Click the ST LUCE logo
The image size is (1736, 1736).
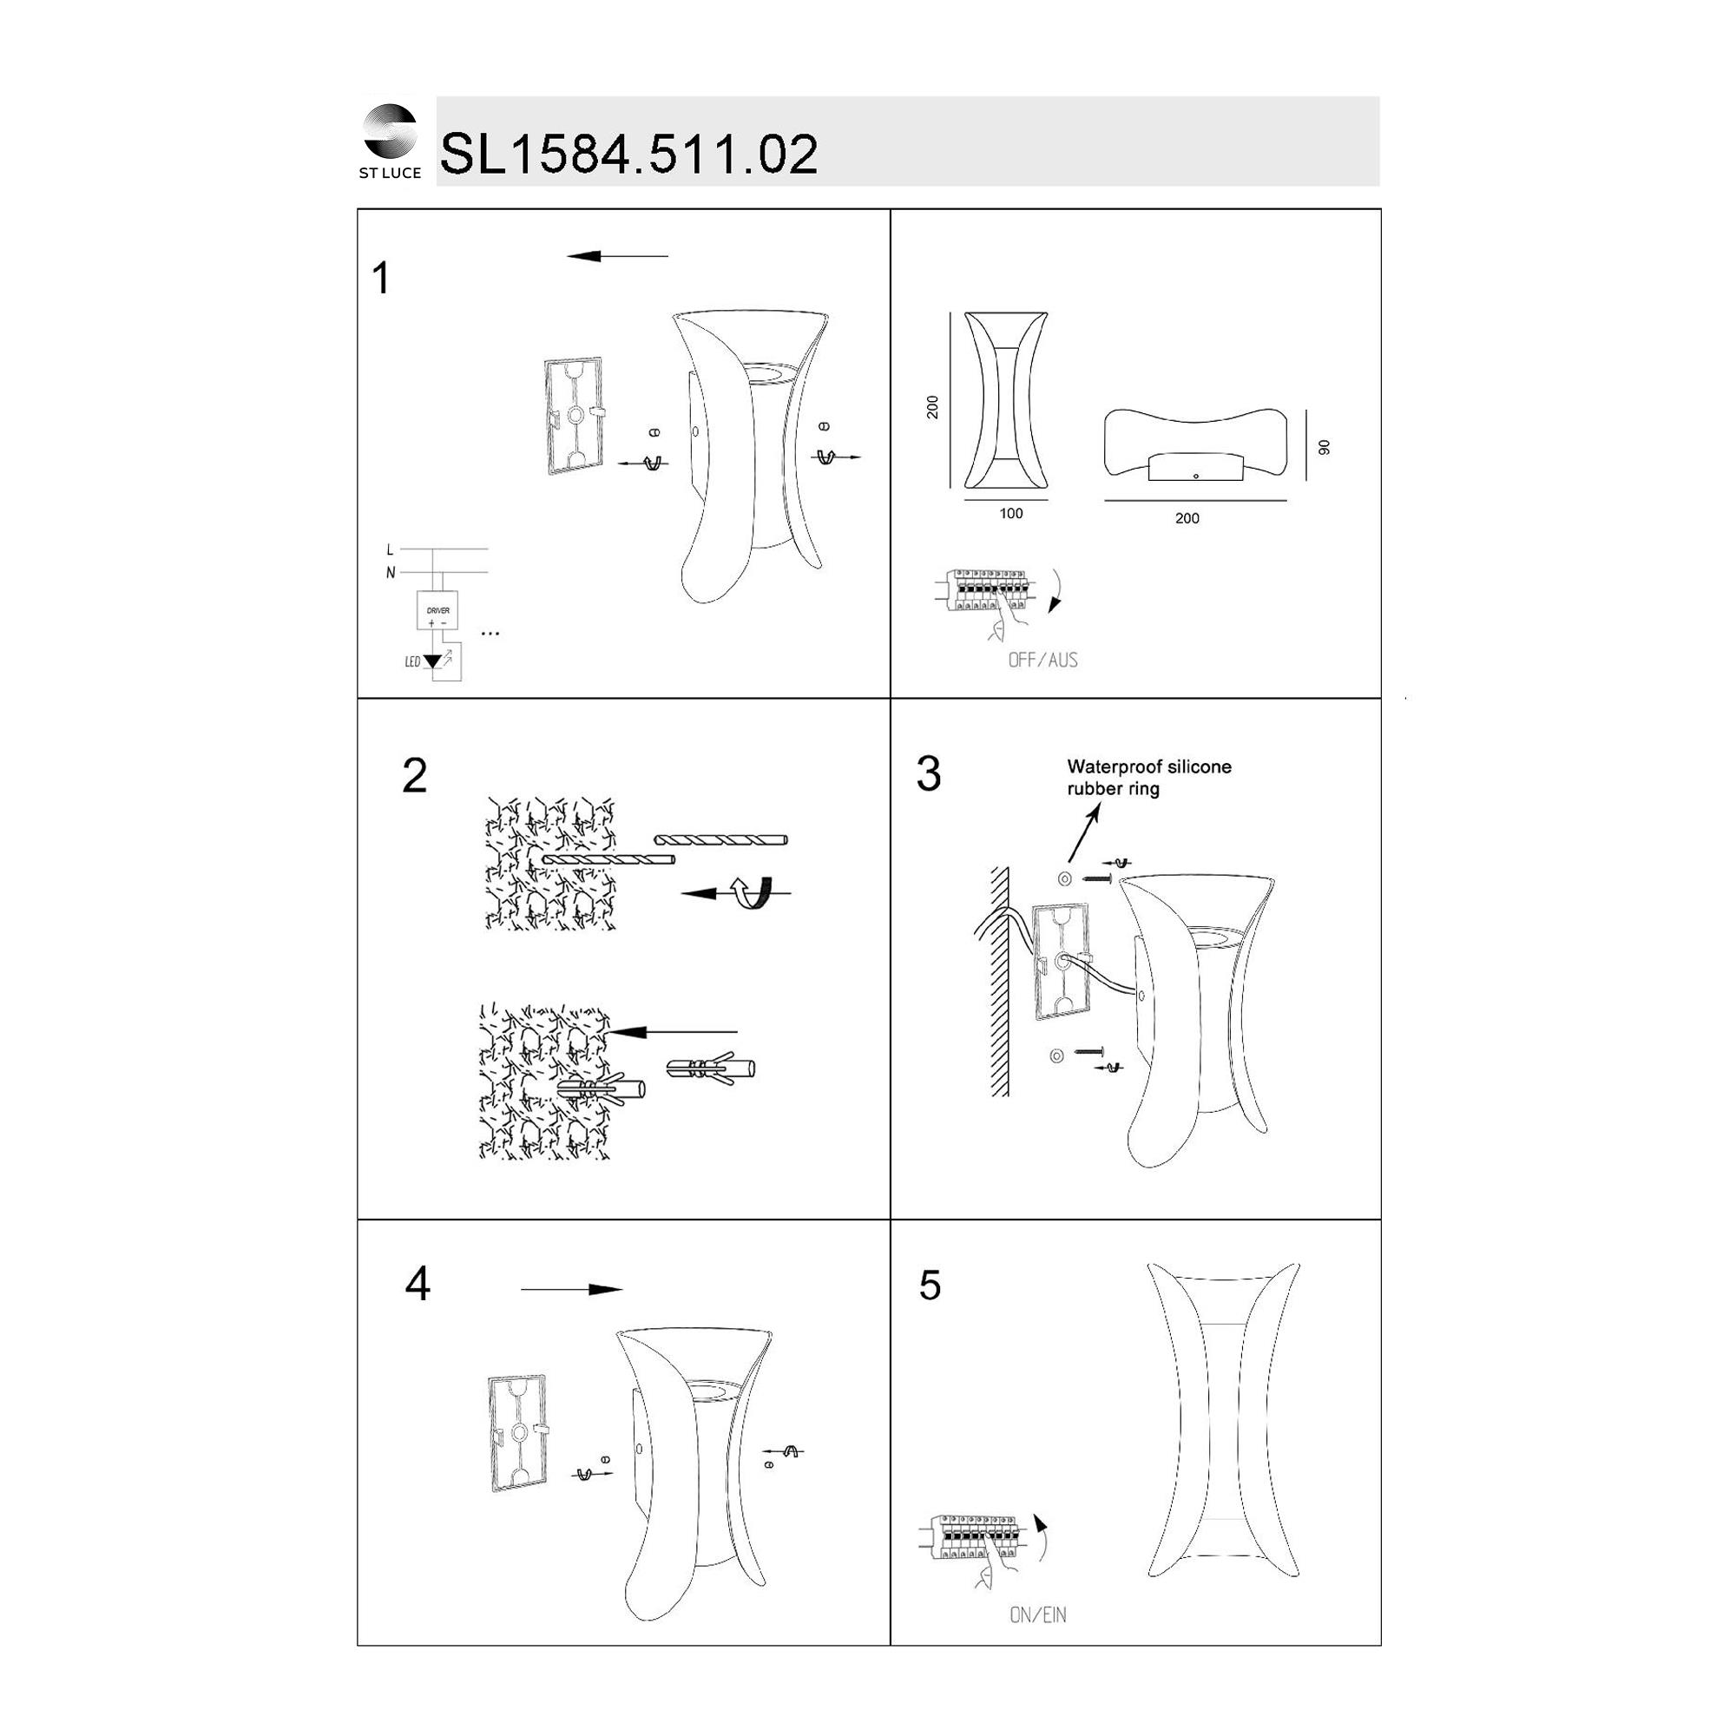click(x=390, y=141)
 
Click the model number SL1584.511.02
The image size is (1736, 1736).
click(x=629, y=154)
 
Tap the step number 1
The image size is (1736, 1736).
click(x=381, y=279)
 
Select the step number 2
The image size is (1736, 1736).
click(x=414, y=775)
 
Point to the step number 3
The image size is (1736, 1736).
click(x=928, y=773)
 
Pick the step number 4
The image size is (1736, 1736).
click(x=418, y=1284)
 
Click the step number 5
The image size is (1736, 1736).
click(x=930, y=1286)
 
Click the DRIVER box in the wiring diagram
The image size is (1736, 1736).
click(x=437, y=611)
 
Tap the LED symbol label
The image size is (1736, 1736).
click(x=412, y=662)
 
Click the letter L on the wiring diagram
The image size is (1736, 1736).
click(x=389, y=550)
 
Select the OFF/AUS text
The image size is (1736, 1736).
click(x=1042, y=661)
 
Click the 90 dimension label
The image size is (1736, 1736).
click(x=1324, y=448)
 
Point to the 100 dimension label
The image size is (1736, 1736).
click(x=1011, y=514)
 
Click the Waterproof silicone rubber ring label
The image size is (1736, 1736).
click(x=1149, y=778)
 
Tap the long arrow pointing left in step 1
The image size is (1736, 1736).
click(x=617, y=256)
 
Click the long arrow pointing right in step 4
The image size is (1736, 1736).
click(x=571, y=1290)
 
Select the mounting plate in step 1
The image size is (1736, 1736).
click(x=574, y=416)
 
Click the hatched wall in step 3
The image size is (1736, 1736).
click(x=999, y=981)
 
